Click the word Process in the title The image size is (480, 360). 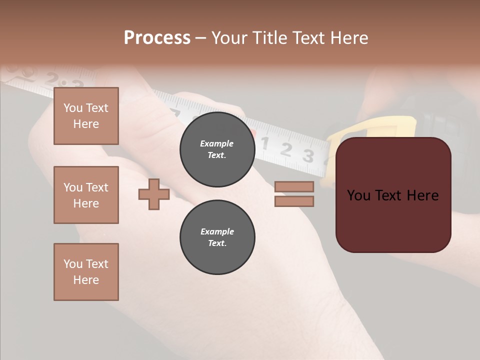157,38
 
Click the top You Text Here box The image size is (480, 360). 86,116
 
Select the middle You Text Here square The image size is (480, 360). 86,195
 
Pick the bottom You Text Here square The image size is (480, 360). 86,272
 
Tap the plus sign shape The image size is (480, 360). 154,194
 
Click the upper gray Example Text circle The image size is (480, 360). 217,149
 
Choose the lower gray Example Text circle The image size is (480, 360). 217,237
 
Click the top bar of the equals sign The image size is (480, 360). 294,187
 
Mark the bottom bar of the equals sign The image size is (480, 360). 294,201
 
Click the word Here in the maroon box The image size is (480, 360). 422,195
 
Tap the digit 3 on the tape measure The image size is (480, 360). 308,156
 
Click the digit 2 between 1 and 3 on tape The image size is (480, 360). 286,149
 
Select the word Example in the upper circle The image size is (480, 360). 216,143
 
